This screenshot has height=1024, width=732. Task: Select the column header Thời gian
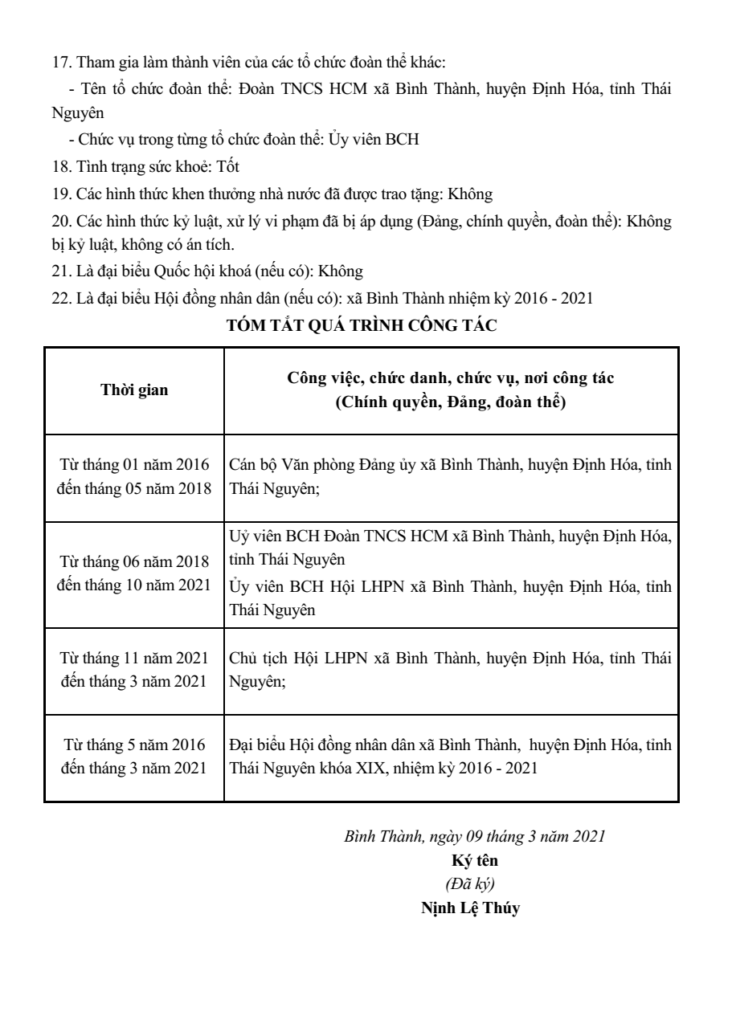134,390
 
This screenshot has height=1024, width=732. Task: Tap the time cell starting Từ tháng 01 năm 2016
134,477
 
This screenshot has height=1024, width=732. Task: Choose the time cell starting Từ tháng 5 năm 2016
134,757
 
